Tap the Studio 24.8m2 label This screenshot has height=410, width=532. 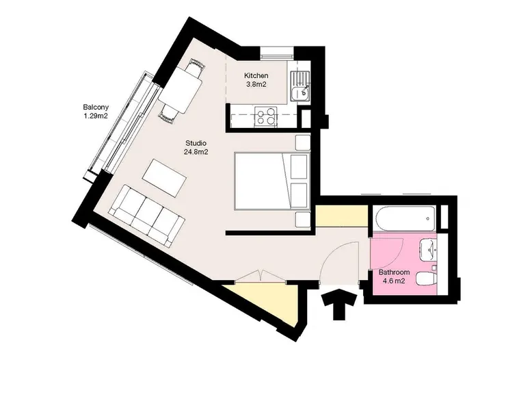point(196,147)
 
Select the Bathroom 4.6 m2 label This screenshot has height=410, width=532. point(394,277)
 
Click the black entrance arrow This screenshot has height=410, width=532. point(339,305)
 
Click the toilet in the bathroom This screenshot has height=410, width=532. point(426,279)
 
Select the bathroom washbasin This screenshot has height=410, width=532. point(429,250)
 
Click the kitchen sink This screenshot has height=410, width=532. point(300,86)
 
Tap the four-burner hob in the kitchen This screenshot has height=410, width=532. point(266,116)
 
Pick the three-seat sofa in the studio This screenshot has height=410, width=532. point(146,216)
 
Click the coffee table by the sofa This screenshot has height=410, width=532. point(165,178)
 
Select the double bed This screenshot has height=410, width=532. point(272,181)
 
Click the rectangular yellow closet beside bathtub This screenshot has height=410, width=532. point(342,216)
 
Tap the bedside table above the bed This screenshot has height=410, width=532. point(303,142)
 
